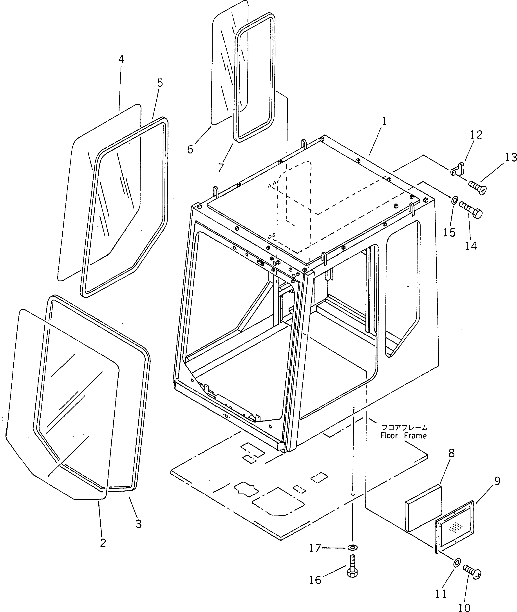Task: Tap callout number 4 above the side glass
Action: click(121, 59)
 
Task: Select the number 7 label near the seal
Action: click(221, 168)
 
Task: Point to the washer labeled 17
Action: click(352, 547)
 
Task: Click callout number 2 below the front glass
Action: click(103, 543)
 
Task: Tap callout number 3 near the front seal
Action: click(138, 524)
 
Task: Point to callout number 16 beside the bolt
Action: click(315, 580)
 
